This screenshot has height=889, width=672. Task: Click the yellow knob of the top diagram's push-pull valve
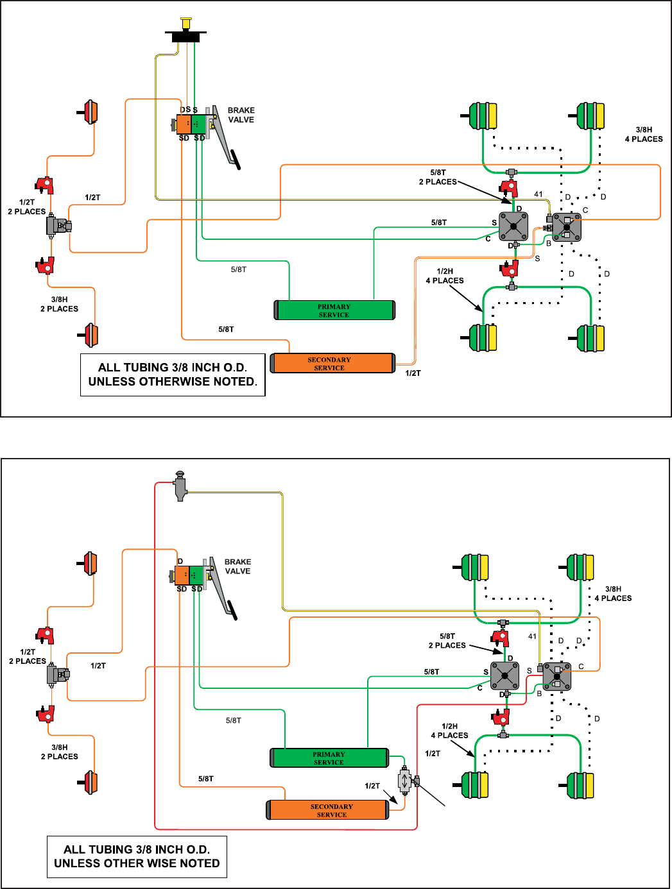click(185, 23)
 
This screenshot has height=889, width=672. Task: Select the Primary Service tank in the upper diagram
click(334, 310)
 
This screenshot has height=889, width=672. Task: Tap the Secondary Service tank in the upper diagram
click(332, 363)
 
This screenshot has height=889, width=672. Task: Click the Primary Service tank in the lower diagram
click(329, 758)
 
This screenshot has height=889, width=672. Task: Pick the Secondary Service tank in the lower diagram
click(327, 810)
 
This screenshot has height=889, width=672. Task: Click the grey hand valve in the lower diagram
click(180, 486)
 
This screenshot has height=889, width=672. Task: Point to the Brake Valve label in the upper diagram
click(241, 115)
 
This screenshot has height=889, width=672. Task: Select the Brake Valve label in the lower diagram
click(238, 566)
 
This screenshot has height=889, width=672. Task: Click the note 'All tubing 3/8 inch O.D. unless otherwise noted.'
click(173, 375)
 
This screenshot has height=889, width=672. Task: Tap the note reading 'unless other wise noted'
click(137, 863)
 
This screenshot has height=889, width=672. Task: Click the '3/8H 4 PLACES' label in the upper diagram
click(644, 135)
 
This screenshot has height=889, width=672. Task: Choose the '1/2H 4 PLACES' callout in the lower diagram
click(449, 731)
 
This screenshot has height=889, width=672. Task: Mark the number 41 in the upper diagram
click(538, 194)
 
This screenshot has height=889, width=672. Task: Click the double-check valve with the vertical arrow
click(404, 781)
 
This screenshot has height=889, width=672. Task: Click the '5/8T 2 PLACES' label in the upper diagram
click(438, 178)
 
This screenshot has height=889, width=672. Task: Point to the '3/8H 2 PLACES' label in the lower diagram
click(59, 752)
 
